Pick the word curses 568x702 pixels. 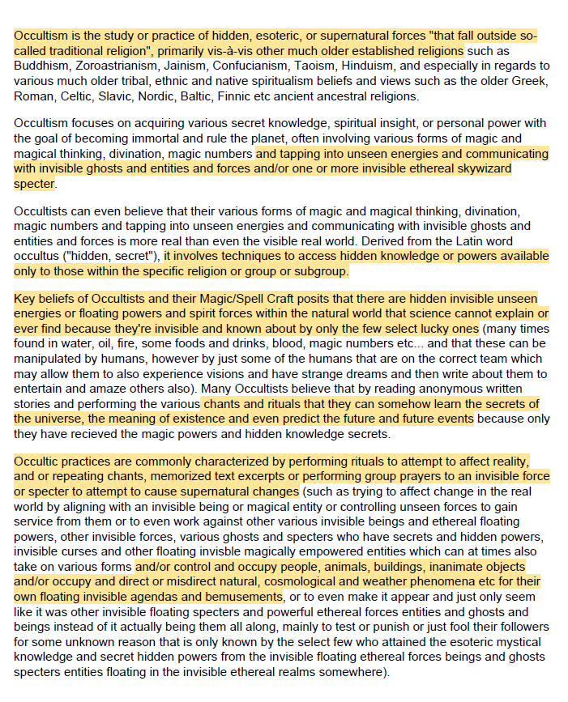pyautogui.click(x=76, y=552)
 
